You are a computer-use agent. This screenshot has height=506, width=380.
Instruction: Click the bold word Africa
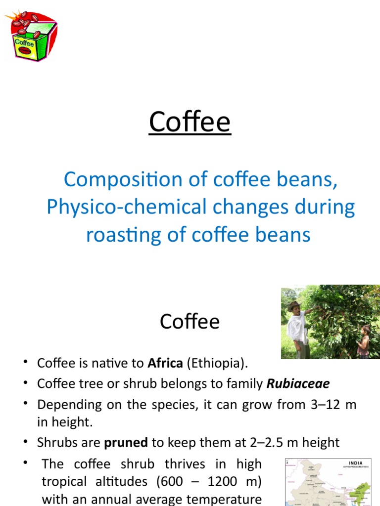[165, 364]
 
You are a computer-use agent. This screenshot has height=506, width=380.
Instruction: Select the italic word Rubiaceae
[298, 384]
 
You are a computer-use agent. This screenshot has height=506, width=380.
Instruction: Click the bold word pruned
[126, 442]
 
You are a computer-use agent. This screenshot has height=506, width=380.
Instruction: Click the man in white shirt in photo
[298, 329]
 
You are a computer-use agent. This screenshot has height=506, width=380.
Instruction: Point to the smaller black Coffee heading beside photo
[190, 322]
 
